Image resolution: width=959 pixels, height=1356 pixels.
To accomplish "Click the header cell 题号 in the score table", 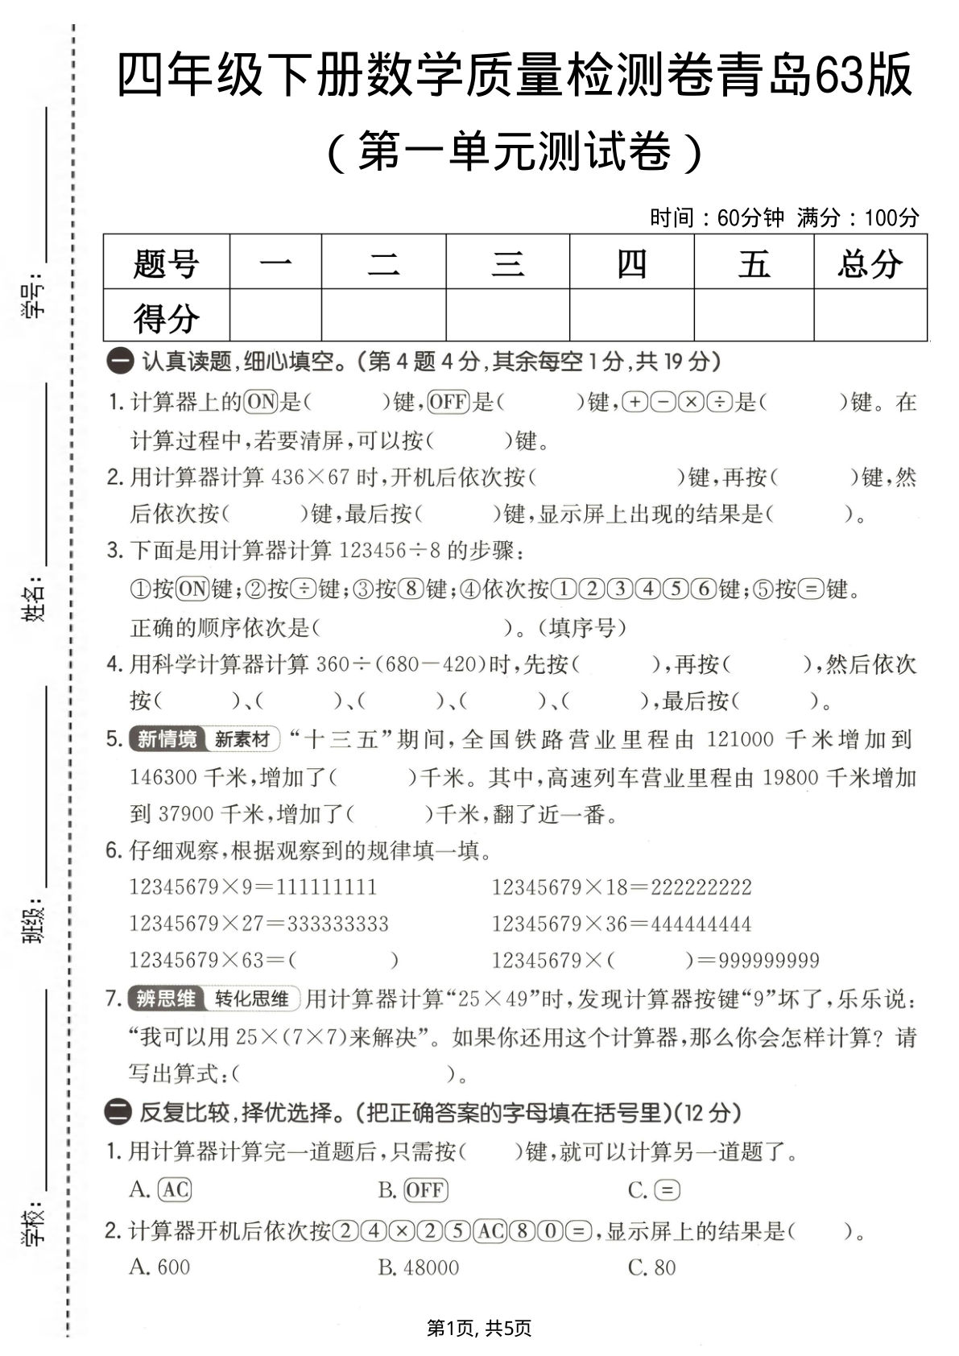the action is pos(166,263).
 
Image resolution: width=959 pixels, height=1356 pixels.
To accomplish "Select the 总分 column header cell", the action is pos(870,263).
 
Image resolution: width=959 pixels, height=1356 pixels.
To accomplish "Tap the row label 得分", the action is pos(166,316).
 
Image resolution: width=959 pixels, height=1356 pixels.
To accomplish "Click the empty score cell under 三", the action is pos(507,315).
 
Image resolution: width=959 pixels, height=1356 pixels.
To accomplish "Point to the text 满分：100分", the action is pos(858,217).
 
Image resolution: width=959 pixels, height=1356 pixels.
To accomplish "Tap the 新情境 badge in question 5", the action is pos(167,739).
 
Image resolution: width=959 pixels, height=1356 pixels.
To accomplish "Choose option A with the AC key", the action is pos(161,1189).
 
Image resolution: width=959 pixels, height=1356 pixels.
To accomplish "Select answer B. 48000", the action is pos(419,1267).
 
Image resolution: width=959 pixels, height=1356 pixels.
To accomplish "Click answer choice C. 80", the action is pos(652,1267).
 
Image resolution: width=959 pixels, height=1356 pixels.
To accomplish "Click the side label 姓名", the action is pos(32,600).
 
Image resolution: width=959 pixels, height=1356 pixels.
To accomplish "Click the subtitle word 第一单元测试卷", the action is pos(515,151).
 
